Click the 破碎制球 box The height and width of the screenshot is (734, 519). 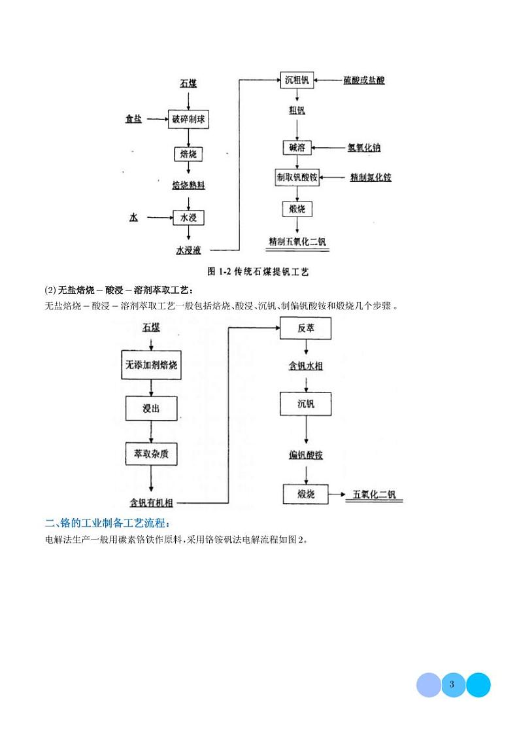[x=189, y=119]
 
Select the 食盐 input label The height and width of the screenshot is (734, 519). [x=134, y=119]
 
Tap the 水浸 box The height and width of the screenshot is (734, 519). [x=189, y=217]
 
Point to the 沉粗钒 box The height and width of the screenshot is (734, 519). [x=297, y=80]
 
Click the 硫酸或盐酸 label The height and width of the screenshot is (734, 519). [x=364, y=80]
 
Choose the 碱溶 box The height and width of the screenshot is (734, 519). [x=297, y=147]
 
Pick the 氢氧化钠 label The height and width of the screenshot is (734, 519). [x=364, y=147]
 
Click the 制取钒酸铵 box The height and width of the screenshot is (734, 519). [x=297, y=177]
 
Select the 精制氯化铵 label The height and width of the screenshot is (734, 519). [x=371, y=177]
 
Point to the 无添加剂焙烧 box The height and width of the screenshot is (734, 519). [x=151, y=366]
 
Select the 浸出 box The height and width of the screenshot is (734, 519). [x=151, y=408]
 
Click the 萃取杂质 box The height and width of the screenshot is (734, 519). [x=151, y=453]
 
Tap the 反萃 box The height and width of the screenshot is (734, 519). [x=306, y=328]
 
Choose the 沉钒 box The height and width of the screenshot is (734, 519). [x=306, y=404]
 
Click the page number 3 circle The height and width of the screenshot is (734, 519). [x=453, y=685]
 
